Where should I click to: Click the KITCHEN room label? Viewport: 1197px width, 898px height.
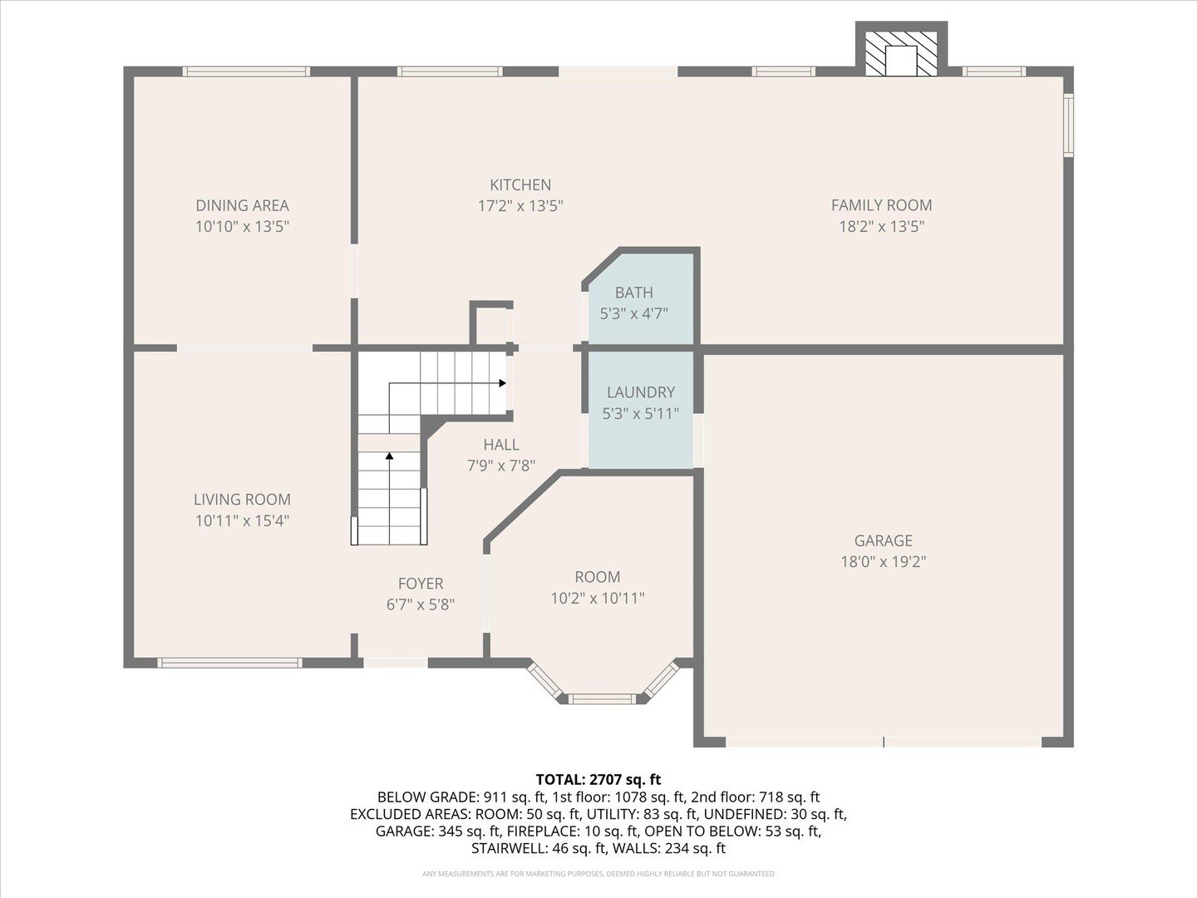pos(520,185)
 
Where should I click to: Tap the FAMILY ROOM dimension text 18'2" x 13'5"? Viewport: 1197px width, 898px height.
pos(882,226)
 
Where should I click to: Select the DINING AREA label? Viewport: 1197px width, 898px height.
pos(242,205)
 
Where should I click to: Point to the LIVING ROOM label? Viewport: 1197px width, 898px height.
pos(242,500)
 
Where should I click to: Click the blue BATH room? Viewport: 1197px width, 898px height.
pos(640,299)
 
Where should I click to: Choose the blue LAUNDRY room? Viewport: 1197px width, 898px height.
pos(640,409)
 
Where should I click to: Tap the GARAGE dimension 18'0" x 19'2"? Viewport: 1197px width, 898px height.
pos(884,561)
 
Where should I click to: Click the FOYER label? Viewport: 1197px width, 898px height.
pos(421,584)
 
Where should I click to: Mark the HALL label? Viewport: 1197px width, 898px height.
pos(501,445)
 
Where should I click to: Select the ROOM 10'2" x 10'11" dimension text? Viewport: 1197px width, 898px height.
pos(598,599)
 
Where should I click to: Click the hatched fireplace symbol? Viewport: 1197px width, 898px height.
pos(901,54)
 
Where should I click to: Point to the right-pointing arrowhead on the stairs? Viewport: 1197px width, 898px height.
pos(502,383)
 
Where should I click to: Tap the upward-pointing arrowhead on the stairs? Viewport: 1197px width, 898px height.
pos(389,456)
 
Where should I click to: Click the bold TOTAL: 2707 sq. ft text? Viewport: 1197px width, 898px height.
pos(598,780)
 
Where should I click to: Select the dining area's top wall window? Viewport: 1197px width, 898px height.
pos(246,72)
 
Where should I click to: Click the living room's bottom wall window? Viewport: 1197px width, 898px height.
pos(229,663)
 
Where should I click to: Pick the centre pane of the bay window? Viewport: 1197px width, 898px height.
pos(602,699)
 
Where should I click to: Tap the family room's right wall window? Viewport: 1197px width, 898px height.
pos(1069,126)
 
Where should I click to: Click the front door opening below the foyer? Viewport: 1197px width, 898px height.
pos(396,663)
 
